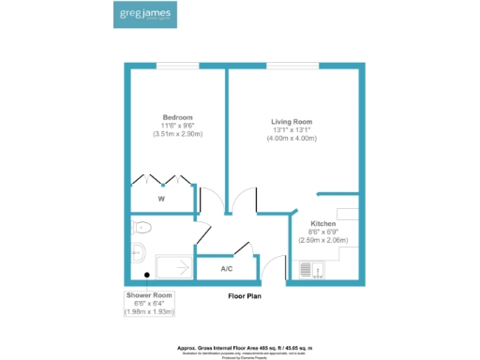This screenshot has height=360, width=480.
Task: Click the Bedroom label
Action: tap(177, 117)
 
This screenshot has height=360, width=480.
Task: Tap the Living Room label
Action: tap(293, 122)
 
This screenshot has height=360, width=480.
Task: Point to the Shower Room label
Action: tap(150, 294)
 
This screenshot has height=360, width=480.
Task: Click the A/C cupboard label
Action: tap(226, 269)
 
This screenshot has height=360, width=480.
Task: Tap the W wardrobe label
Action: tap(161, 199)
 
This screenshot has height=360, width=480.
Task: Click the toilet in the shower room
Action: tap(142, 227)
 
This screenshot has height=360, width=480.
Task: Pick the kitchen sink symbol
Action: tap(309, 270)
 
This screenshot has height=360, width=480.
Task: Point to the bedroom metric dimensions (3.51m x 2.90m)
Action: tap(177, 134)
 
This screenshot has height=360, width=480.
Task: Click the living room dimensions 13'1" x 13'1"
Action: tap(293, 130)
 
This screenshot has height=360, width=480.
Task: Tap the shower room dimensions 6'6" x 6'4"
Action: tap(150, 303)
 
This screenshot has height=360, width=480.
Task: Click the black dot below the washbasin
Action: tap(146, 275)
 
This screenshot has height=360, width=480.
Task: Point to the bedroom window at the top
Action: tap(177, 66)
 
